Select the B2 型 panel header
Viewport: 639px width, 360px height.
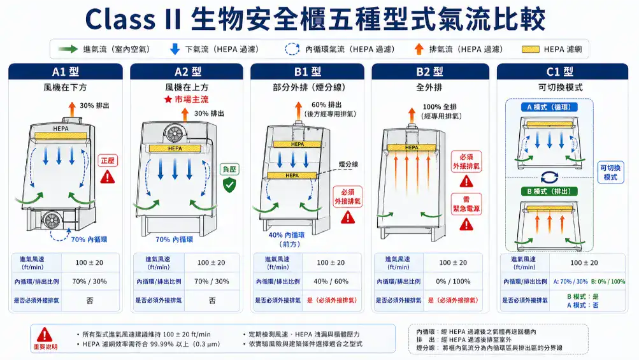coord(429,72)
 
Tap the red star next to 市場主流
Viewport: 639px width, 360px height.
coord(168,100)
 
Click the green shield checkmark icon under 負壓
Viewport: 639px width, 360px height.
coord(229,185)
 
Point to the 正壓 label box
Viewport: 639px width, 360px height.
coord(108,161)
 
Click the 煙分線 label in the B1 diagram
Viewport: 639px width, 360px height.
coord(348,164)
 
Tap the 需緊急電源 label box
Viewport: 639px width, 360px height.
coord(466,204)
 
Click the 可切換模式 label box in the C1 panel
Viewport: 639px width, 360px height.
coord(610,172)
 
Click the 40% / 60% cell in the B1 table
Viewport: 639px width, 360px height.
coord(331,281)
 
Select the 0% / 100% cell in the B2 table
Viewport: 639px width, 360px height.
coord(453,281)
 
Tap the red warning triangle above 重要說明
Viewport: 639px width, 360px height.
coord(45,335)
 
